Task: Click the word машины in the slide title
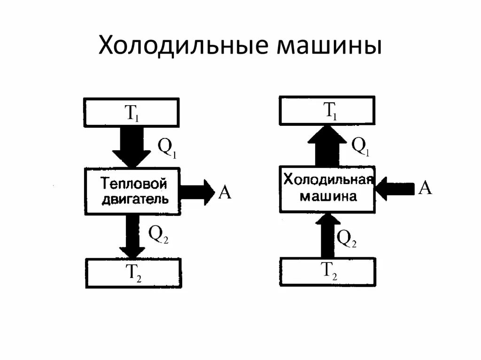click(x=329, y=46)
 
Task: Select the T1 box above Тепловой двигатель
click(x=131, y=113)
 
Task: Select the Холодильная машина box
click(x=328, y=189)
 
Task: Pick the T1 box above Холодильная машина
click(x=327, y=111)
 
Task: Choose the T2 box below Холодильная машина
click(x=328, y=272)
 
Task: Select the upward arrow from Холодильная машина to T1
click(x=327, y=145)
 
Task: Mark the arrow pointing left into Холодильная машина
click(x=395, y=189)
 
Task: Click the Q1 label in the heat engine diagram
click(x=166, y=148)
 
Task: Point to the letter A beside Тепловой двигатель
click(x=225, y=192)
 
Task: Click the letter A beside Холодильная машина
click(x=425, y=188)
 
